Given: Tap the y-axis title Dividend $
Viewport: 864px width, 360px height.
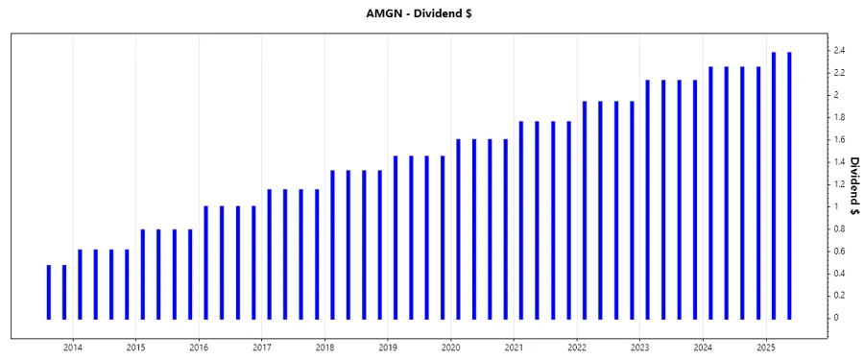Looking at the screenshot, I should pyautogui.click(x=853, y=183).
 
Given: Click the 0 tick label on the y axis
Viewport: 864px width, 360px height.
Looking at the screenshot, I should pyautogui.click(x=836, y=318).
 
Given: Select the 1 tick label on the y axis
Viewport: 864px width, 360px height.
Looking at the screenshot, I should pyautogui.click(x=836, y=206).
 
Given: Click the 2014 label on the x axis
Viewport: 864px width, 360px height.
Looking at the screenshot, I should pyautogui.click(x=73, y=347).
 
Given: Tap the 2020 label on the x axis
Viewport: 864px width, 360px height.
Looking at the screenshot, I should pyautogui.click(x=451, y=347).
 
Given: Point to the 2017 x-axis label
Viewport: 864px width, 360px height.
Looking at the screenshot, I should pyautogui.click(x=262, y=347).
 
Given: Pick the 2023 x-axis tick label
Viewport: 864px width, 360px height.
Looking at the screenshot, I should pyautogui.click(x=640, y=347).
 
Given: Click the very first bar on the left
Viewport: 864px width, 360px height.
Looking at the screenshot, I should pyautogui.click(x=49, y=292).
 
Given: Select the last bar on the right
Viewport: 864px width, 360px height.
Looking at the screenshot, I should pyautogui.click(x=789, y=185).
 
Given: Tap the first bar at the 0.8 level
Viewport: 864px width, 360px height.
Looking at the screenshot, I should pyautogui.click(x=143, y=274).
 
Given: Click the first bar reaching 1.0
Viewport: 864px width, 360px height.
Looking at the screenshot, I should pyautogui.click(x=206, y=262).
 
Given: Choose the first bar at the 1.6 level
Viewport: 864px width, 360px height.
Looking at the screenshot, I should pyautogui.click(x=458, y=228).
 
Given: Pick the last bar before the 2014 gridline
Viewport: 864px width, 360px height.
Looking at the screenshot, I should pyautogui.click(x=64, y=292).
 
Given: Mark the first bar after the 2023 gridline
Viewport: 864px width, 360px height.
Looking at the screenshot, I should pyautogui.click(x=647, y=199).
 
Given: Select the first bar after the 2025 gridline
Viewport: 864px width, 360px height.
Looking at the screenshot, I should pyautogui.click(x=774, y=185).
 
